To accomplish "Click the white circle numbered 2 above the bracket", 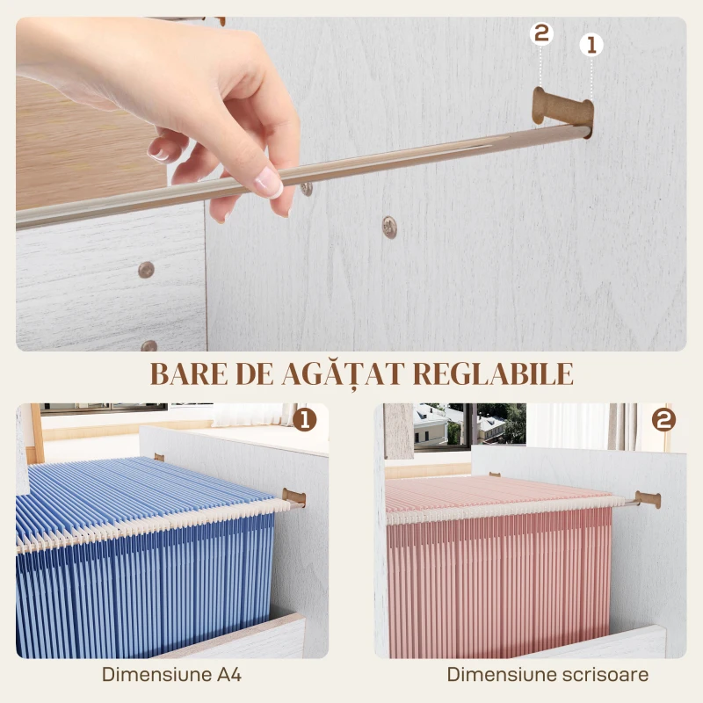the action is [x=541, y=33].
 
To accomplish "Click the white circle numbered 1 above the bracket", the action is [x=591, y=45].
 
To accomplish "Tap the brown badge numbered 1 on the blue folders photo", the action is [x=305, y=420].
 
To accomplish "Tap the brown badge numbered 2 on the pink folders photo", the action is [x=663, y=420].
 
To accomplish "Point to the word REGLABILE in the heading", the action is [x=493, y=373].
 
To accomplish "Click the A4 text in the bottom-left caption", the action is [x=229, y=674].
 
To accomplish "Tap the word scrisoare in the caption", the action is [x=605, y=674].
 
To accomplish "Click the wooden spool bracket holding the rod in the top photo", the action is [x=563, y=109].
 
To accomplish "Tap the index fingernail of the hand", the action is [x=269, y=183].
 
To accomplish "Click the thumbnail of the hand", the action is [x=159, y=154].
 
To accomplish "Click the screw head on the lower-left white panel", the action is [x=146, y=270].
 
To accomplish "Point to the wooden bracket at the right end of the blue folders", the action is [x=294, y=497].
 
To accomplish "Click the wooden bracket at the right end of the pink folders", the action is [x=648, y=499].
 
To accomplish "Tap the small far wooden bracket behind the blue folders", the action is [x=159, y=457].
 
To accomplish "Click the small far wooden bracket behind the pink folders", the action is [x=495, y=475].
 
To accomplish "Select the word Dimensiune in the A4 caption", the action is [x=156, y=674].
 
